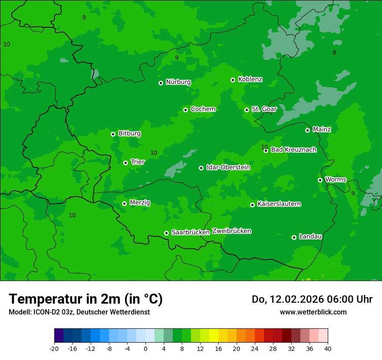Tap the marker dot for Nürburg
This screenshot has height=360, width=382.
(161, 83)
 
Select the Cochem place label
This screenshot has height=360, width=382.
(203, 109)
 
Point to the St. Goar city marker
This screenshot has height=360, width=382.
(247, 110)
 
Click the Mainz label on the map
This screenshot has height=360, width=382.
(322, 130)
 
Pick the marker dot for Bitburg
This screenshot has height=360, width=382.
(113, 134)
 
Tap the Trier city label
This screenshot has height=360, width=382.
(138, 162)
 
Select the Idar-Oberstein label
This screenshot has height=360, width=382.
(228, 167)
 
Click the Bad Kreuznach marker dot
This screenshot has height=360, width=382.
(266, 151)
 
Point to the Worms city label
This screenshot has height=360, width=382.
(335, 180)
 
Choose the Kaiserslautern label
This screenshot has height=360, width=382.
(279, 204)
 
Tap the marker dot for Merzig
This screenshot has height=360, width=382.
(124, 203)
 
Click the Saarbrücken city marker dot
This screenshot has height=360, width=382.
(166, 233)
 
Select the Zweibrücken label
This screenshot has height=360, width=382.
(231, 231)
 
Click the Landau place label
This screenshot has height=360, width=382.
(310, 237)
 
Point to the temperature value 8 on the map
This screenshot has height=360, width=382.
(334, 53)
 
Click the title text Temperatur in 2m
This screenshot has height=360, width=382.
(86, 299)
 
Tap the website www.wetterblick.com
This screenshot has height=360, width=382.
(313, 312)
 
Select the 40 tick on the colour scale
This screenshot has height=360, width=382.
(328, 349)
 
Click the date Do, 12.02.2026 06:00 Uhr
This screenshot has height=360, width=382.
(312, 299)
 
